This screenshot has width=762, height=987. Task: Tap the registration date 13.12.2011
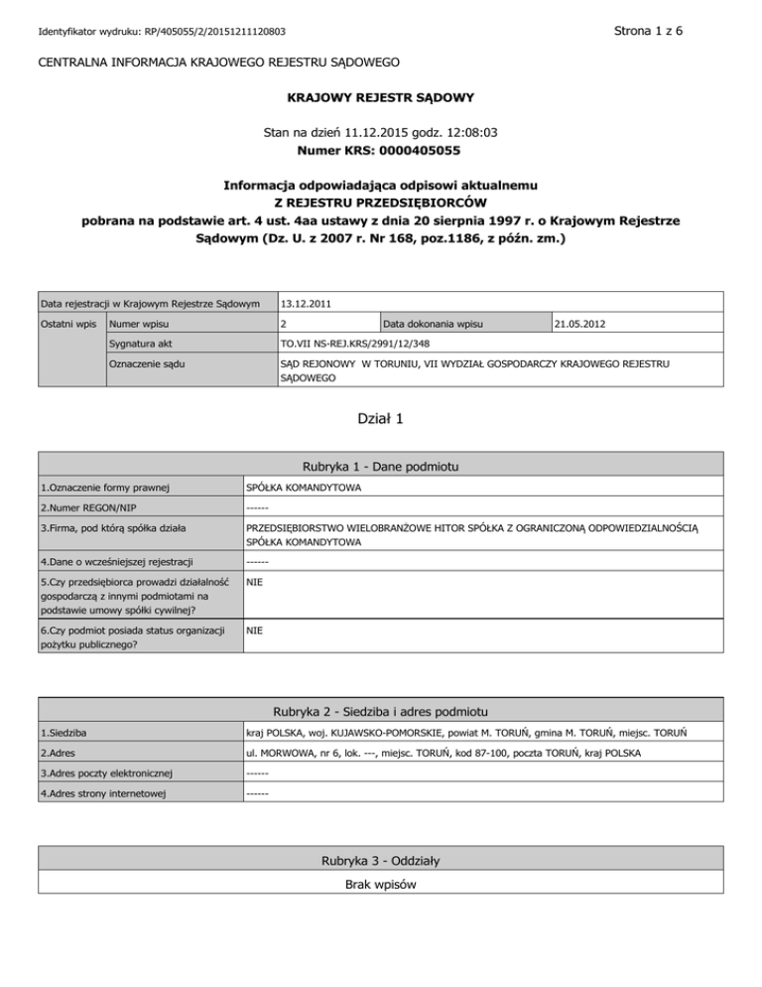pos(305,302)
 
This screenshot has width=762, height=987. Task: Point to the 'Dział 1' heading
pos(381,419)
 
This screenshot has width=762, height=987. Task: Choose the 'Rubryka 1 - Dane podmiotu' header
pos(381,466)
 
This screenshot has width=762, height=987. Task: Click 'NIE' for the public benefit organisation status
pos(254,630)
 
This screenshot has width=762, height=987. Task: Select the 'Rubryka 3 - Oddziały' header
pos(381,860)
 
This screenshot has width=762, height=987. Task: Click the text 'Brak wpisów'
pos(381,884)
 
